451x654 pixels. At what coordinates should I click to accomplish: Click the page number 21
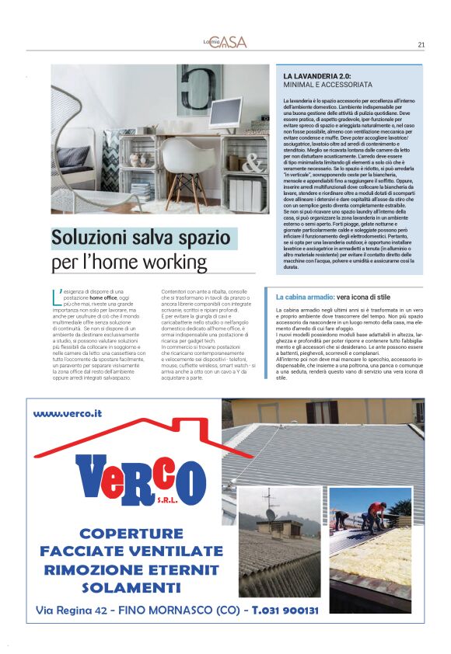point(421,44)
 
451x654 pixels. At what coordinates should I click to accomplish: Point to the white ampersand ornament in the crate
point(252,162)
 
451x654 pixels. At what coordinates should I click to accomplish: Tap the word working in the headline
point(173,262)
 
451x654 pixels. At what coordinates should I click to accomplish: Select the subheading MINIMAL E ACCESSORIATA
point(327,84)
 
